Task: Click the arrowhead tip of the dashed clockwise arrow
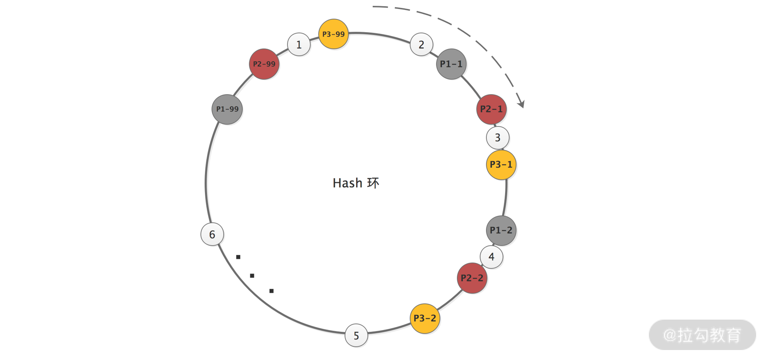pos(523,107)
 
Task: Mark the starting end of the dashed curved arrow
pos(373,7)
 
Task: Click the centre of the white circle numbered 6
pos(212,234)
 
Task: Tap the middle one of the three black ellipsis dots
pos(252,276)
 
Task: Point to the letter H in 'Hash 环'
pos(337,183)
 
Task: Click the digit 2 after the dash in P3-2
pos(433,318)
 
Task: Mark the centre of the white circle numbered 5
pos(356,335)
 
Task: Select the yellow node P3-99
pos(334,34)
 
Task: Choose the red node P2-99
pos(264,64)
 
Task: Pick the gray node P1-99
pos(227,109)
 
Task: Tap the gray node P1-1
pos(451,64)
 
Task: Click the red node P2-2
pos(472,278)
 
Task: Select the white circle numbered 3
pos(498,138)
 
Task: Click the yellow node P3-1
pos(501,165)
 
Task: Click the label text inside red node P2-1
pos(492,109)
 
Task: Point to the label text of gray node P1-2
pos(501,230)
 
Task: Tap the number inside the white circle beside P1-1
pos(421,44)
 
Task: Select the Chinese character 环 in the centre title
pos(373,183)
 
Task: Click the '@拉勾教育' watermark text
pos(702,335)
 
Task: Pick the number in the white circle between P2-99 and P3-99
pos(299,44)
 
